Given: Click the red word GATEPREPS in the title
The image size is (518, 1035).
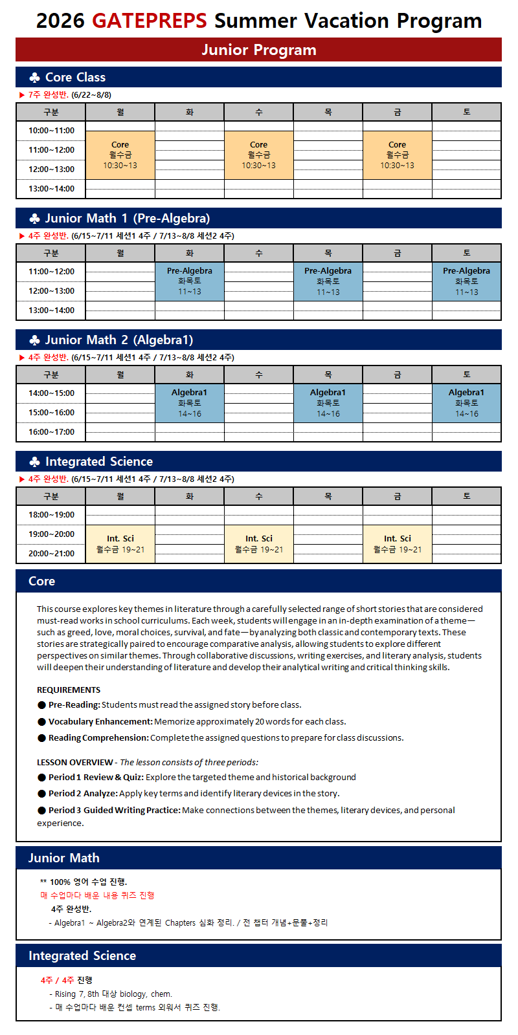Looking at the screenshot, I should pyautogui.click(x=149, y=21).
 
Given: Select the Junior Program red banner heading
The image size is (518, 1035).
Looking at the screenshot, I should pyautogui.click(x=258, y=50).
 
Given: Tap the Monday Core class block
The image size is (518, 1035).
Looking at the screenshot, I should pyautogui.click(x=120, y=155).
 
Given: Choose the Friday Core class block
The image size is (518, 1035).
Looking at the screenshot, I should pyautogui.click(x=397, y=155).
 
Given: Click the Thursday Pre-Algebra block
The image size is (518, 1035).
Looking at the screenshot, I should pyautogui.click(x=328, y=281).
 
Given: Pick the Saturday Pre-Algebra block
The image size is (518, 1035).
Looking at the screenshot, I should pyautogui.click(x=466, y=281).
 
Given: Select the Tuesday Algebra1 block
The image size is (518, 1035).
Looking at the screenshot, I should pyautogui.click(x=189, y=403).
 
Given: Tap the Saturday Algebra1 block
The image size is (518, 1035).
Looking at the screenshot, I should pyautogui.click(x=466, y=403).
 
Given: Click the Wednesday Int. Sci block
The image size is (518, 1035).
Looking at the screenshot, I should pyautogui.click(x=258, y=544).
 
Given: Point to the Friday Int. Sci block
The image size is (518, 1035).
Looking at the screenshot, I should pyautogui.click(x=397, y=544).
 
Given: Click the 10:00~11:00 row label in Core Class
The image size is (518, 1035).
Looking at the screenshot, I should pyautogui.click(x=51, y=131).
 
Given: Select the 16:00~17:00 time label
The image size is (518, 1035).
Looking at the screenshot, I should pyautogui.click(x=51, y=432).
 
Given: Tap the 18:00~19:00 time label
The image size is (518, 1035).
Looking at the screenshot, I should pyautogui.click(x=51, y=515).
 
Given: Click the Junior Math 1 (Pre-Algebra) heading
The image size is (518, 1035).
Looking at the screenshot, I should pyautogui.click(x=127, y=218).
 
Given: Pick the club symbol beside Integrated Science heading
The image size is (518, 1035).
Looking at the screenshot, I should pyautogui.click(x=35, y=462).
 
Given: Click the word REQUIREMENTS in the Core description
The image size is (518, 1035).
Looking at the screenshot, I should pyautogui.click(x=69, y=690).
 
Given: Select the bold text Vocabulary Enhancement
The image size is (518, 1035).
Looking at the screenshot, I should pyautogui.click(x=100, y=721).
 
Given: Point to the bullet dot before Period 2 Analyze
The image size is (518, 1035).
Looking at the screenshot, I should pyautogui.click(x=42, y=794).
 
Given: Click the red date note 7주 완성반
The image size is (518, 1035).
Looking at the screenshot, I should pyautogui.click(x=48, y=95).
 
